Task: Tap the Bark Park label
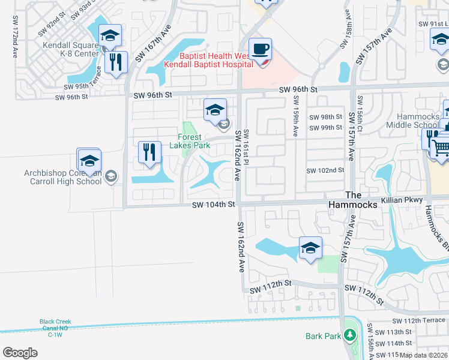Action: [x=323, y=337]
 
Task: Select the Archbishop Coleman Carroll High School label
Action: [x=62, y=177]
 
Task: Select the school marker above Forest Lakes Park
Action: [x=215, y=109]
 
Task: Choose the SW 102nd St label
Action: [x=325, y=170]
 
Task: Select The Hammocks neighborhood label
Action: [x=361, y=200]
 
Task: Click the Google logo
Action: [x=20, y=353]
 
